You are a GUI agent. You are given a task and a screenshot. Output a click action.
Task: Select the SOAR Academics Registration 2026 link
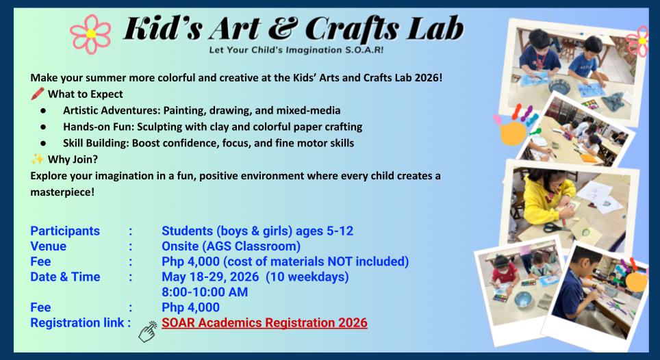(x=264, y=322)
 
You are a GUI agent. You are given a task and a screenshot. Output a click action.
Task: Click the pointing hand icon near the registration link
(x=147, y=331)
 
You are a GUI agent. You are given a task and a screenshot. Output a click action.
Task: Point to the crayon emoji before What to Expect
(x=37, y=94)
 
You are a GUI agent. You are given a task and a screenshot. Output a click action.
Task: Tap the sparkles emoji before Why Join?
(x=37, y=159)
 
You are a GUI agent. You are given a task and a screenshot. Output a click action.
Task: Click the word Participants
(x=65, y=231)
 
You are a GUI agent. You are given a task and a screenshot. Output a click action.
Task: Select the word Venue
(x=49, y=246)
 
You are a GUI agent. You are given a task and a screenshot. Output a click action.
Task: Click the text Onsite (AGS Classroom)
(x=231, y=246)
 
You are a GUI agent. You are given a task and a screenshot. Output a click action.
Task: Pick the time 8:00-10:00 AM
(x=205, y=292)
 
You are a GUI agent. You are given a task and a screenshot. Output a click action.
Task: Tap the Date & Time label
(x=65, y=277)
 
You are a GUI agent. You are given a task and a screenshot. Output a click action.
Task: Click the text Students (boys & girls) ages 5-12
(x=257, y=231)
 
